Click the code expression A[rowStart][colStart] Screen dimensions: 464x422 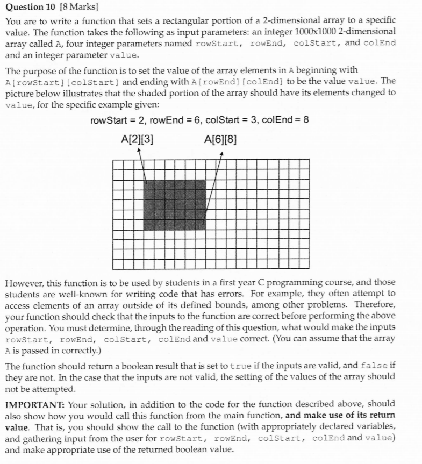click(62, 81)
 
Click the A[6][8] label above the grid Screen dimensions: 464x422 click(220, 140)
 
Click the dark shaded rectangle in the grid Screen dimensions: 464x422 click(175, 203)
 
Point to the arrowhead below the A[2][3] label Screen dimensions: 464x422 click(139, 152)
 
